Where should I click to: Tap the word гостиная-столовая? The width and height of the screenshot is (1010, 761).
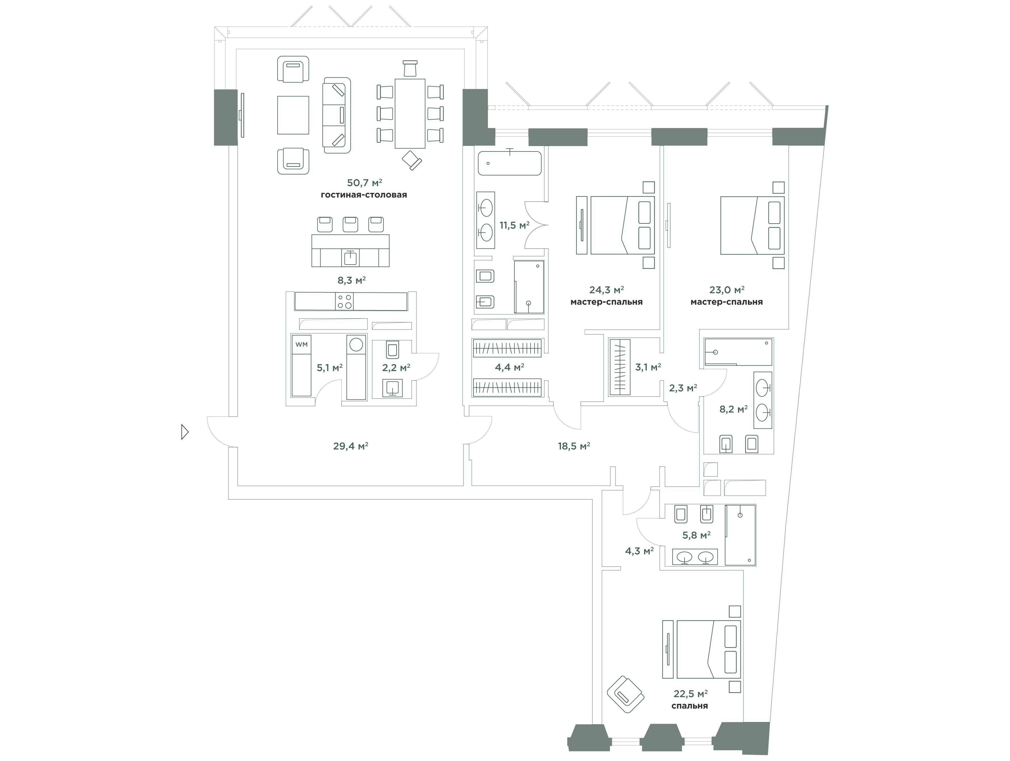tap(364, 195)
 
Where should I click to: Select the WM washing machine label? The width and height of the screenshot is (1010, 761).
tap(301, 344)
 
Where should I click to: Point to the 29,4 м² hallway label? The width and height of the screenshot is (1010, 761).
tap(351, 446)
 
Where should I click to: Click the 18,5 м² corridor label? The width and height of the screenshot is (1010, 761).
tap(574, 446)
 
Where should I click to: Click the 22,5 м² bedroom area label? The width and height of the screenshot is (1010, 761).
tap(690, 694)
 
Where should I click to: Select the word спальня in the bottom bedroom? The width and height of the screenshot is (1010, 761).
tap(689, 706)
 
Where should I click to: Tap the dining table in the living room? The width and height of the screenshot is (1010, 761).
tap(410, 114)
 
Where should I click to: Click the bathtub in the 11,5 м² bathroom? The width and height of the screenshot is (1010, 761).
tap(510, 163)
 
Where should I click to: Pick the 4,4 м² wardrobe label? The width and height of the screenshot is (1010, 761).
tap(509, 367)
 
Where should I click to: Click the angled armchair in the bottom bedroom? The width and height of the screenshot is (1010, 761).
tap(625, 694)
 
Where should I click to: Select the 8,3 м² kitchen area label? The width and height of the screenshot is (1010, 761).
tap(351, 280)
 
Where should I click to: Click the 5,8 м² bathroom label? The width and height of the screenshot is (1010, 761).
tap(696, 535)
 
